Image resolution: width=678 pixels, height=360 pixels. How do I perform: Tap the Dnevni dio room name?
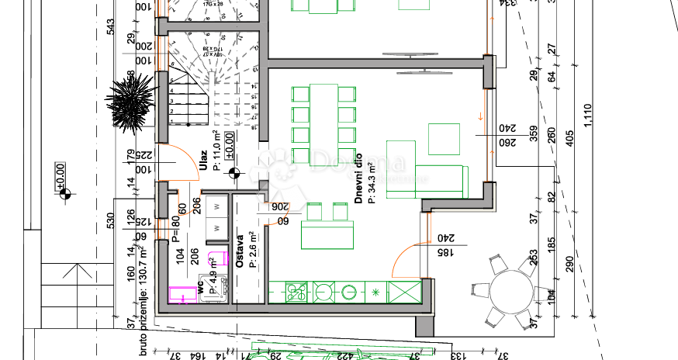click(360, 177)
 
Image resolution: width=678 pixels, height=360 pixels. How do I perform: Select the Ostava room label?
click(240, 251)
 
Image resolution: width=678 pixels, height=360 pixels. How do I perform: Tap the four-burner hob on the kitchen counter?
click(296, 292)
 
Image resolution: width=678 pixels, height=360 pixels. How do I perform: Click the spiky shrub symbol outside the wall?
click(130, 102)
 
